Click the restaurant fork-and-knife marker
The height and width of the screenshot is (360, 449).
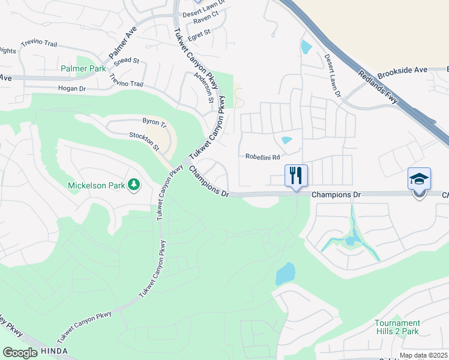295,176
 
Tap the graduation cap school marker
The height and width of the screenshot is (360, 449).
419,179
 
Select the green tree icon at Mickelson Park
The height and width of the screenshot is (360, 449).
134,185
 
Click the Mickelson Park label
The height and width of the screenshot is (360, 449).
96,185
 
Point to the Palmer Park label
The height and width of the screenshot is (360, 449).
83,68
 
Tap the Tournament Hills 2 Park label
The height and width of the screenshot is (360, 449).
397,327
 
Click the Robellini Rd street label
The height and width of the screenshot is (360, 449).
263,158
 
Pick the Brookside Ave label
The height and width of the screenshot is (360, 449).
402,70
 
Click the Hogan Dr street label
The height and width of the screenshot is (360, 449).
72,88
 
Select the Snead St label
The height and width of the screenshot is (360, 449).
127,61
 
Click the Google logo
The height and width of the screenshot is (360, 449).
20,352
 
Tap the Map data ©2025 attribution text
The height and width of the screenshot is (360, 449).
424,356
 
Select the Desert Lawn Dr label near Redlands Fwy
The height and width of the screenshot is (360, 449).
333,77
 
